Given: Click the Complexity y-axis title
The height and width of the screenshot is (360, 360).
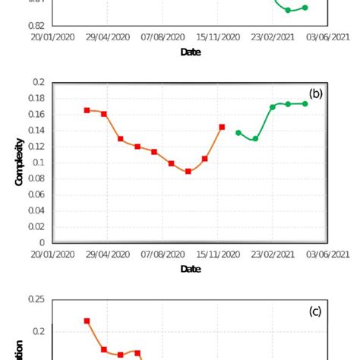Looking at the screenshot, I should pos(20,162).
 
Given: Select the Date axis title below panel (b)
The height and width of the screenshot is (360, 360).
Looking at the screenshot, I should pos(191,269).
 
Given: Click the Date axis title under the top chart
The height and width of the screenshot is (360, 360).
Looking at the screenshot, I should pos(191,52).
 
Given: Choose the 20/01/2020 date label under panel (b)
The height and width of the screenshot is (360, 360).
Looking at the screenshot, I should pos(52,255).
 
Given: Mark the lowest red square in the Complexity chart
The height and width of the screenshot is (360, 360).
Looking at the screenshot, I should pos(188,172).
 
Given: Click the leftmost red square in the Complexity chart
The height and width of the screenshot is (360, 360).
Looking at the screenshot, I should pos(87,110).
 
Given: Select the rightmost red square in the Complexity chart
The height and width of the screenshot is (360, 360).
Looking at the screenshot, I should pos(222,127).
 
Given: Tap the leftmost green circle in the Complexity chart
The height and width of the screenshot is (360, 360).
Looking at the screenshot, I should pos(238,133).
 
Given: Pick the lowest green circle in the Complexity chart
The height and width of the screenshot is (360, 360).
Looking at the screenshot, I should pos(255,139).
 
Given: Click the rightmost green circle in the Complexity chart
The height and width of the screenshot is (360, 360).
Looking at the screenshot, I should pos(305,104).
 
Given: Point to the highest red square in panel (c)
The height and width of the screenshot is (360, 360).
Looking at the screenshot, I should pos(87,321).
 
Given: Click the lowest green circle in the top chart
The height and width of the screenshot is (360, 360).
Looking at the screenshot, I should pos(288,10).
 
